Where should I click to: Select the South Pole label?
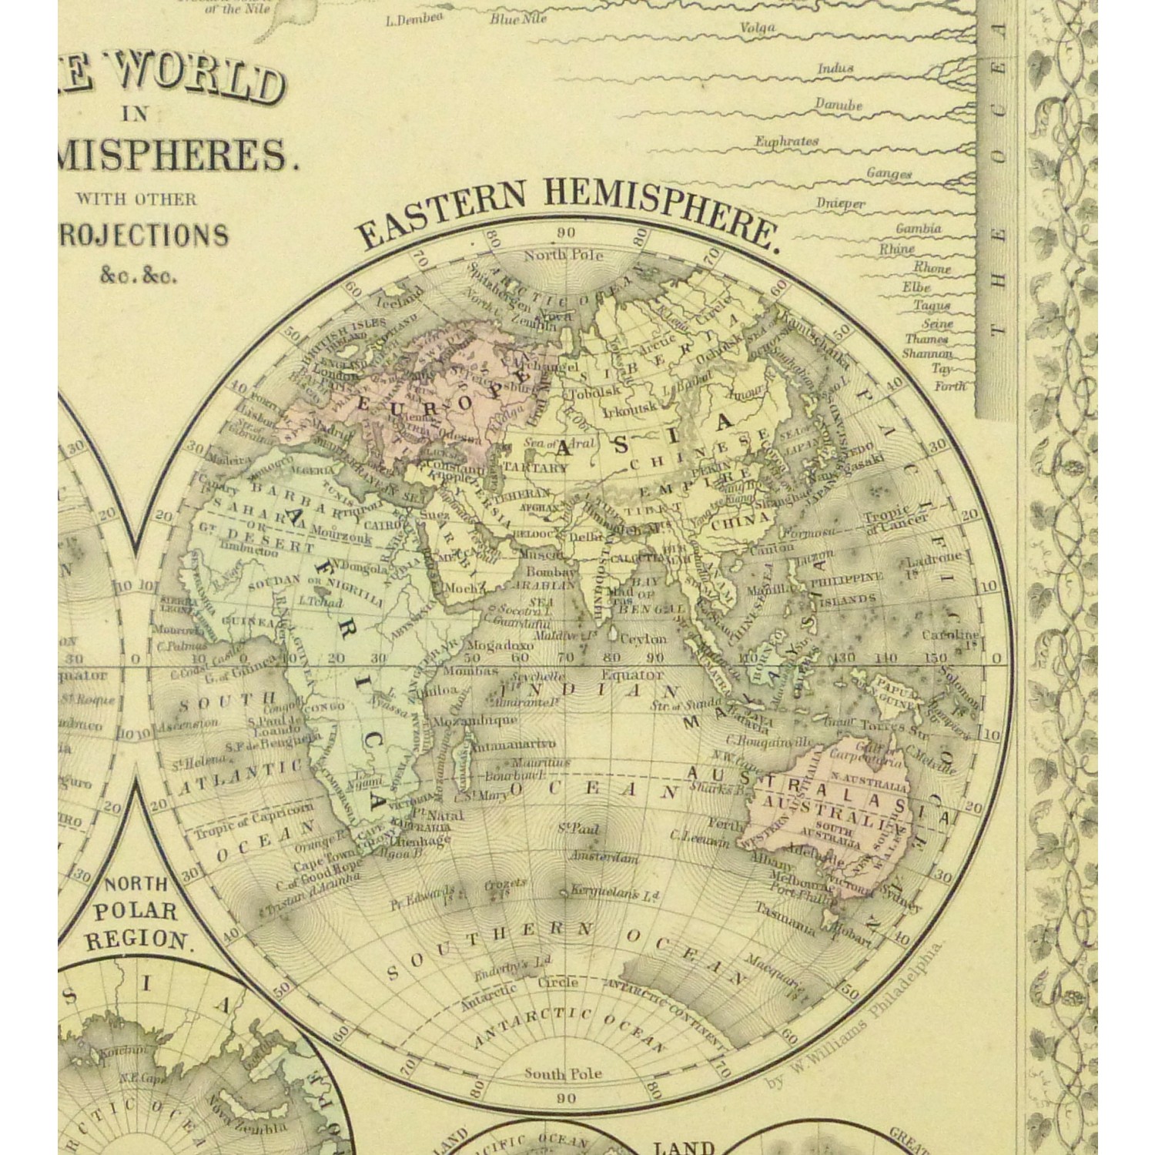(563, 1073)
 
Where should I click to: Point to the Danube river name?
(839, 105)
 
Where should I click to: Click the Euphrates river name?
(786, 142)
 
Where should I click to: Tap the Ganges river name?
(889, 174)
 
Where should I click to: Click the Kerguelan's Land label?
(615, 893)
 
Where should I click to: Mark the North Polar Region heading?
(136, 912)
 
